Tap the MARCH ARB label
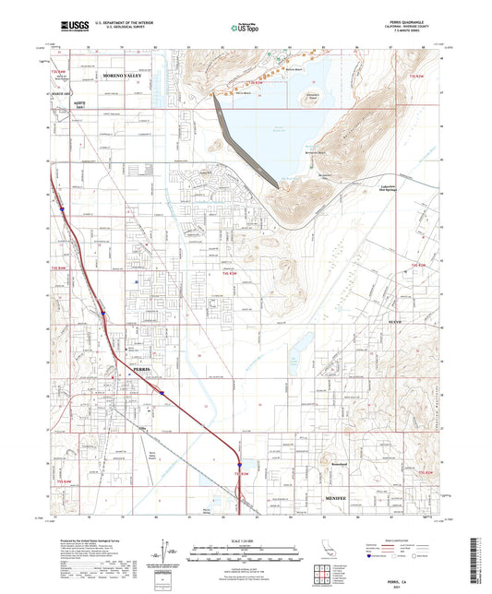pyautogui.click(x=62, y=91)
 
